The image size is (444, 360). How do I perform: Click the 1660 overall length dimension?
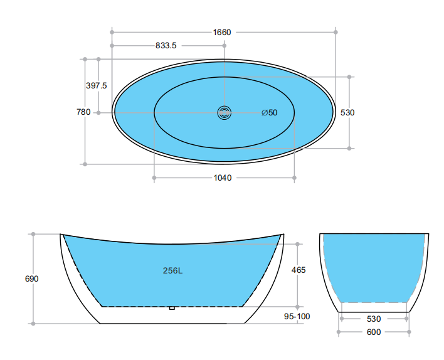pos(222,32)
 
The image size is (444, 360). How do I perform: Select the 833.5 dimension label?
pos(166,45)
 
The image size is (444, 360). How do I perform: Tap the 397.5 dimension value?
pos(97,85)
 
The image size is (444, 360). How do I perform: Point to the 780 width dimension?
pos(83,112)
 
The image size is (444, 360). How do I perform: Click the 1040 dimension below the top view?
pos(223,178)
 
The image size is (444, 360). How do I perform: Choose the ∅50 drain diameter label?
pos(270,113)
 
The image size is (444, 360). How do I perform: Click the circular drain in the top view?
pos(225,113)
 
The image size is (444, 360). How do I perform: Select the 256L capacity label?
pos(172,271)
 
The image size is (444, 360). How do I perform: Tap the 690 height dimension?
pos(32,279)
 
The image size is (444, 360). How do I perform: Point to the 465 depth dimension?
pos(299,270)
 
